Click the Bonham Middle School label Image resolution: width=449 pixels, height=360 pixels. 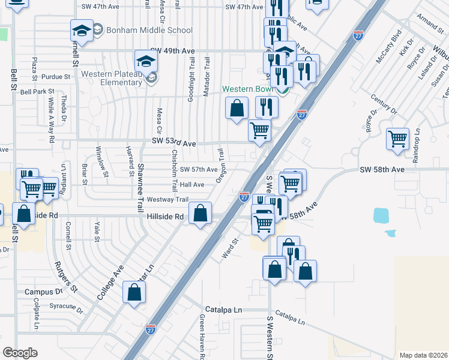coord(148,30)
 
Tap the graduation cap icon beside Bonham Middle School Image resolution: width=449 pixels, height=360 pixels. coord(82,31)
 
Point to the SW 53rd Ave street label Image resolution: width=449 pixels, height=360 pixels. coord(173,144)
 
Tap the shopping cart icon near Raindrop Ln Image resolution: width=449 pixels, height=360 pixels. coord(397,139)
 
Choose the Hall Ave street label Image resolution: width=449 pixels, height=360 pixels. coord(192,185)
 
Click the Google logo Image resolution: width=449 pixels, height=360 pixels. coord(20,353)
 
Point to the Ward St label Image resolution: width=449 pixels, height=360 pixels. coord(231,247)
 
